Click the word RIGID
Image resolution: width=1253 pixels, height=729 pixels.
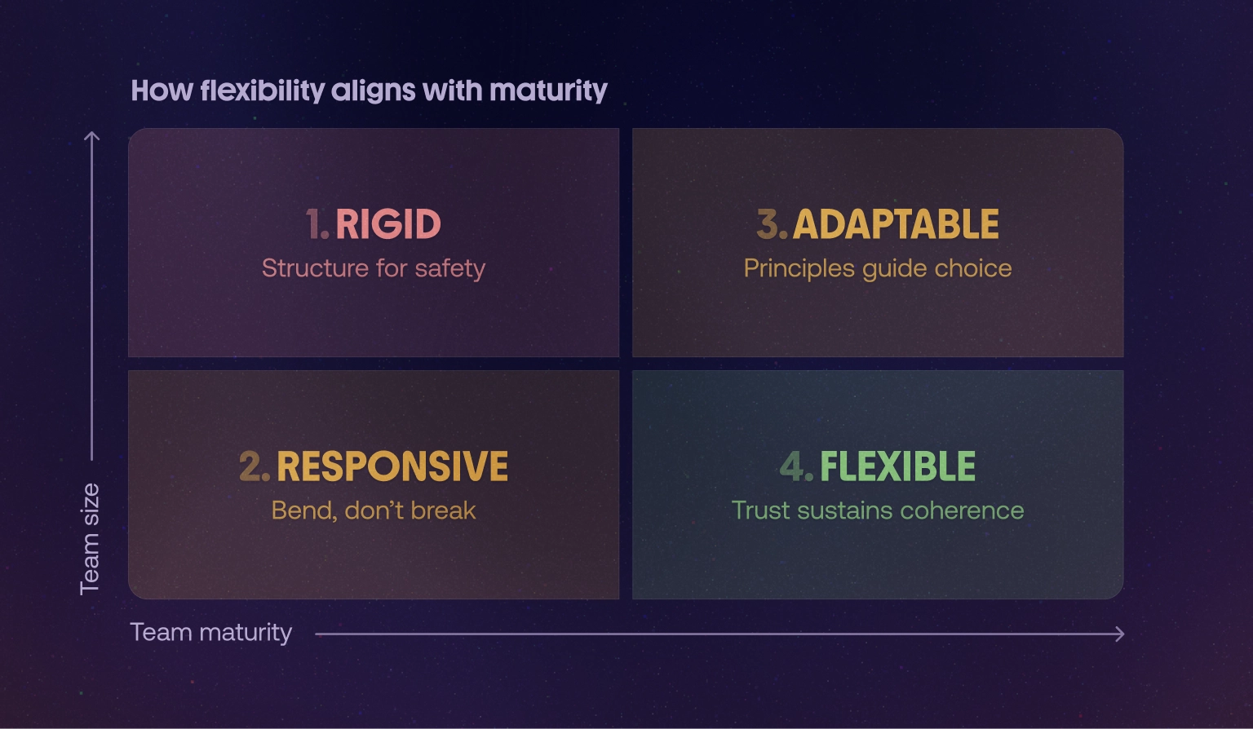388,224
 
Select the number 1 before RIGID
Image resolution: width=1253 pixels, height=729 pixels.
316,224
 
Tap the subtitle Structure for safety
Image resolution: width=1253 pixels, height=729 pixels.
374,268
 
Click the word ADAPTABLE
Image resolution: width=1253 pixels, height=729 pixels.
896,224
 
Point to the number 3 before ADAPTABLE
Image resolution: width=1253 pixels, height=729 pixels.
769,224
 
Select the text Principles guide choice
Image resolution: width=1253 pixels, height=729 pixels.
878,268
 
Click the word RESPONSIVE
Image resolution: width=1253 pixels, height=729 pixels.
392,466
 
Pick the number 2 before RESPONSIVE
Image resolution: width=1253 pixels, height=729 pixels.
252,466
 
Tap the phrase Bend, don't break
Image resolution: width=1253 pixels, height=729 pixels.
374,510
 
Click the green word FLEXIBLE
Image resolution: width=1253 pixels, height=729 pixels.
897,466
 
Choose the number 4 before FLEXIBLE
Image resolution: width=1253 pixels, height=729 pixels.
795,466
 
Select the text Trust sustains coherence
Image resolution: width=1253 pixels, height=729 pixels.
878,510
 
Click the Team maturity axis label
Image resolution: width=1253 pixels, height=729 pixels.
211,633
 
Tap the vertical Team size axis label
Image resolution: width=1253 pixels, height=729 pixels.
90,539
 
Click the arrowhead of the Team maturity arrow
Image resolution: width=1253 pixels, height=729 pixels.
1120,634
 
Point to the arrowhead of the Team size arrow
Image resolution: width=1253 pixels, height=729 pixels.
92,136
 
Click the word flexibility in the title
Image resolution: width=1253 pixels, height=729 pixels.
263,91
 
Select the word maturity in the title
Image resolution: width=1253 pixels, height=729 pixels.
549,91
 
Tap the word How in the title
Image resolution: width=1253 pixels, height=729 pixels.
162,91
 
